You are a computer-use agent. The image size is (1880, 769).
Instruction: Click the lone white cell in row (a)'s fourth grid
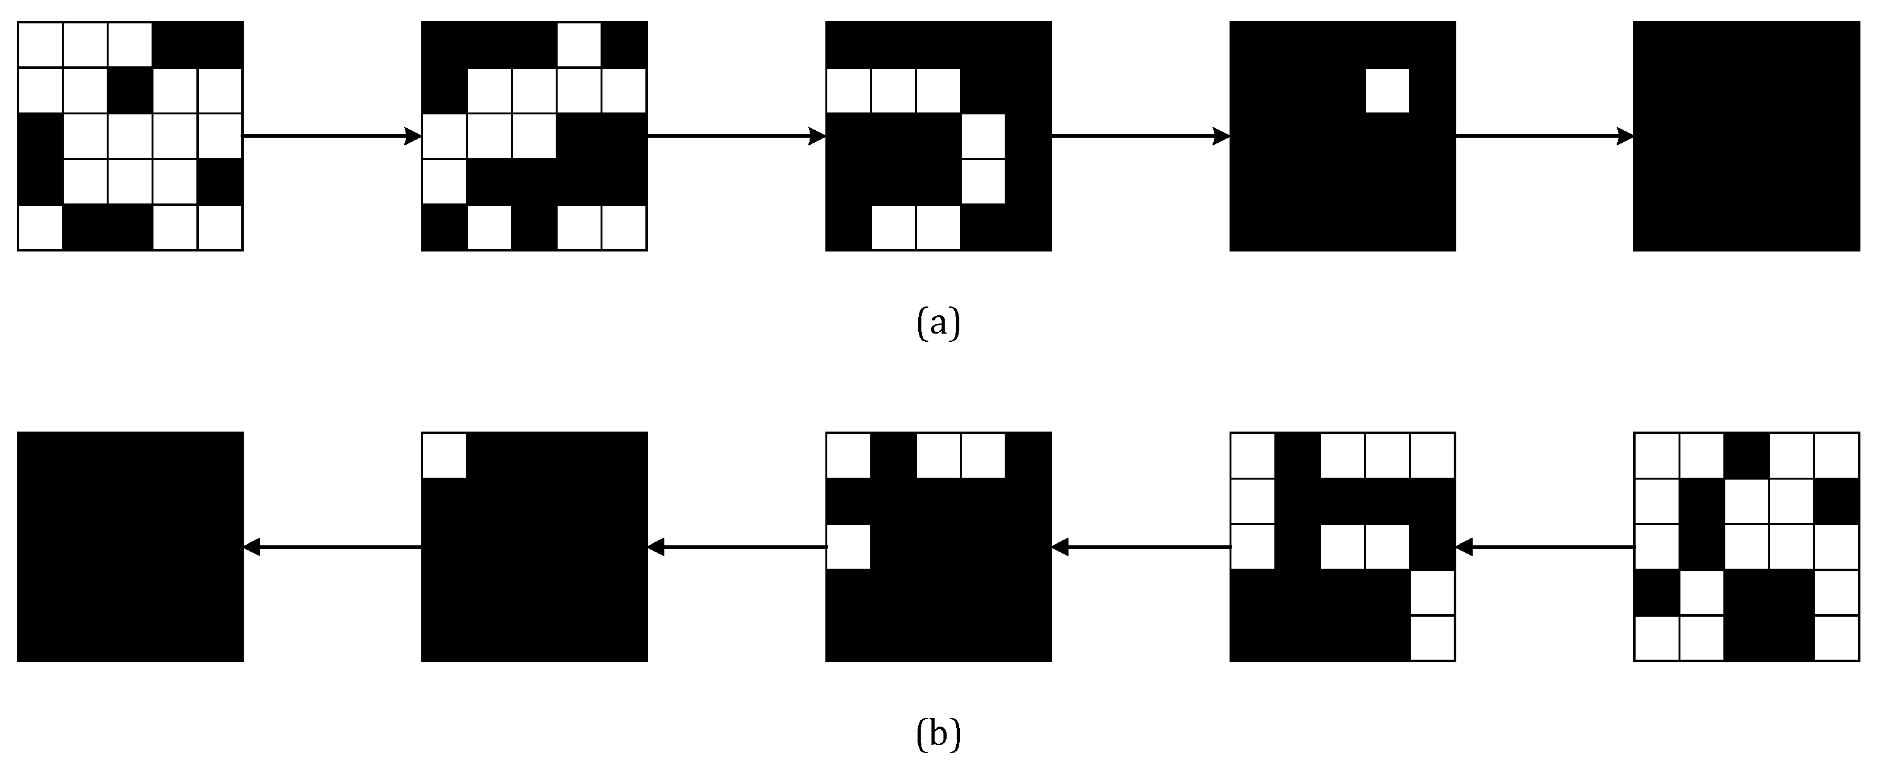click(x=1387, y=90)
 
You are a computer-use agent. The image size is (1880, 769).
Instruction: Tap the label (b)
click(x=938, y=735)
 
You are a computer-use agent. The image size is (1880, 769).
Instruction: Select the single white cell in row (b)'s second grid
click(x=444, y=456)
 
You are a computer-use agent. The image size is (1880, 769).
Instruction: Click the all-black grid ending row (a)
click(x=1745, y=136)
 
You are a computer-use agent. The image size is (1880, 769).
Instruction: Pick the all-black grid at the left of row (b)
click(x=130, y=547)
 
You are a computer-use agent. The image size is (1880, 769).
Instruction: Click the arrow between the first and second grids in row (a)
click(x=332, y=136)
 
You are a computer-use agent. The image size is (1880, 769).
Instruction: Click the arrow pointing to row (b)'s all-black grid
click(x=332, y=547)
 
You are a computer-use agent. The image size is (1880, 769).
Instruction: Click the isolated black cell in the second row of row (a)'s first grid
click(x=130, y=90)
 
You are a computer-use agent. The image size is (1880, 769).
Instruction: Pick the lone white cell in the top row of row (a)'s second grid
click(x=578, y=45)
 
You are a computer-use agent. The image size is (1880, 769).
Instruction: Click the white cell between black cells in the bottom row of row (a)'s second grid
click(x=489, y=228)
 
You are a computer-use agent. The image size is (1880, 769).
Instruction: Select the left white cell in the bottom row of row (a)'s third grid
click(x=894, y=228)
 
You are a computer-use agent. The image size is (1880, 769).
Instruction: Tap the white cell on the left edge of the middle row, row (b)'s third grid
click(x=848, y=547)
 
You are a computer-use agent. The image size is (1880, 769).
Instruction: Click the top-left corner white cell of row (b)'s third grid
click(x=848, y=456)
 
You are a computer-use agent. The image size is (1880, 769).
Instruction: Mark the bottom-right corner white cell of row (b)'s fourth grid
click(x=1433, y=638)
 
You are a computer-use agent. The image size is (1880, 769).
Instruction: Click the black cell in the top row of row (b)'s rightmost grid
click(x=1745, y=456)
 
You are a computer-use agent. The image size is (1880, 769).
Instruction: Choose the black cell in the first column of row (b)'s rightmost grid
click(x=1656, y=593)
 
